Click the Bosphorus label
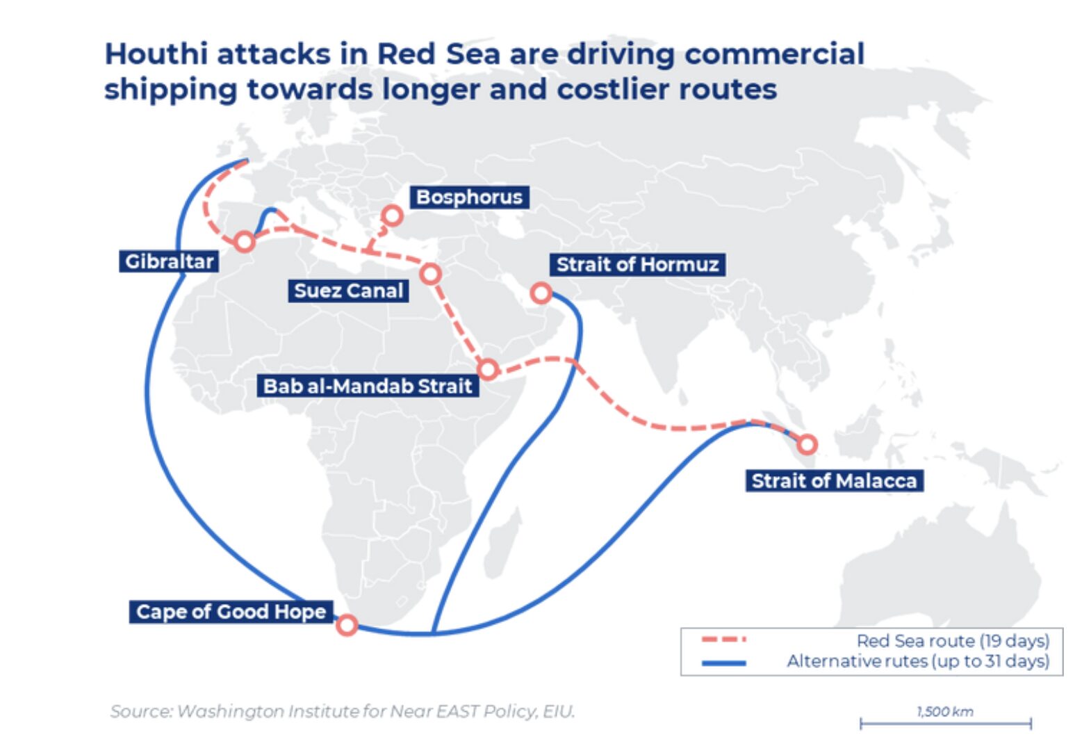pyautogui.click(x=469, y=197)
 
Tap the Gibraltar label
pyautogui.click(x=169, y=261)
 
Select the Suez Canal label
pyautogui.click(x=348, y=291)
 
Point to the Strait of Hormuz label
pyautogui.click(x=637, y=265)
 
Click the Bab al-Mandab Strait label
pyautogui.click(x=368, y=386)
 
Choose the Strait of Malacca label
pyautogui.click(x=834, y=481)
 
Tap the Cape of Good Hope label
pyautogui.click(x=231, y=612)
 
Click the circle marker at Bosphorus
pyautogui.click(x=393, y=216)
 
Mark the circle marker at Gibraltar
pyautogui.click(x=244, y=242)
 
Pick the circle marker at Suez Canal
pyautogui.click(x=431, y=274)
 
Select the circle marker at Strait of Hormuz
pyautogui.click(x=541, y=293)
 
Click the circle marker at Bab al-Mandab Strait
pyautogui.click(x=488, y=369)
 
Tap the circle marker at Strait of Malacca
pyautogui.click(x=807, y=444)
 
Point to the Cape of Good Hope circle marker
pyautogui.click(x=347, y=625)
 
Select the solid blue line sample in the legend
pyautogui.click(x=723, y=662)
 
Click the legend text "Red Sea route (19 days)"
pyautogui.click(x=952, y=640)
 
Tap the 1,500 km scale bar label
pyautogui.click(x=945, y=711)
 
